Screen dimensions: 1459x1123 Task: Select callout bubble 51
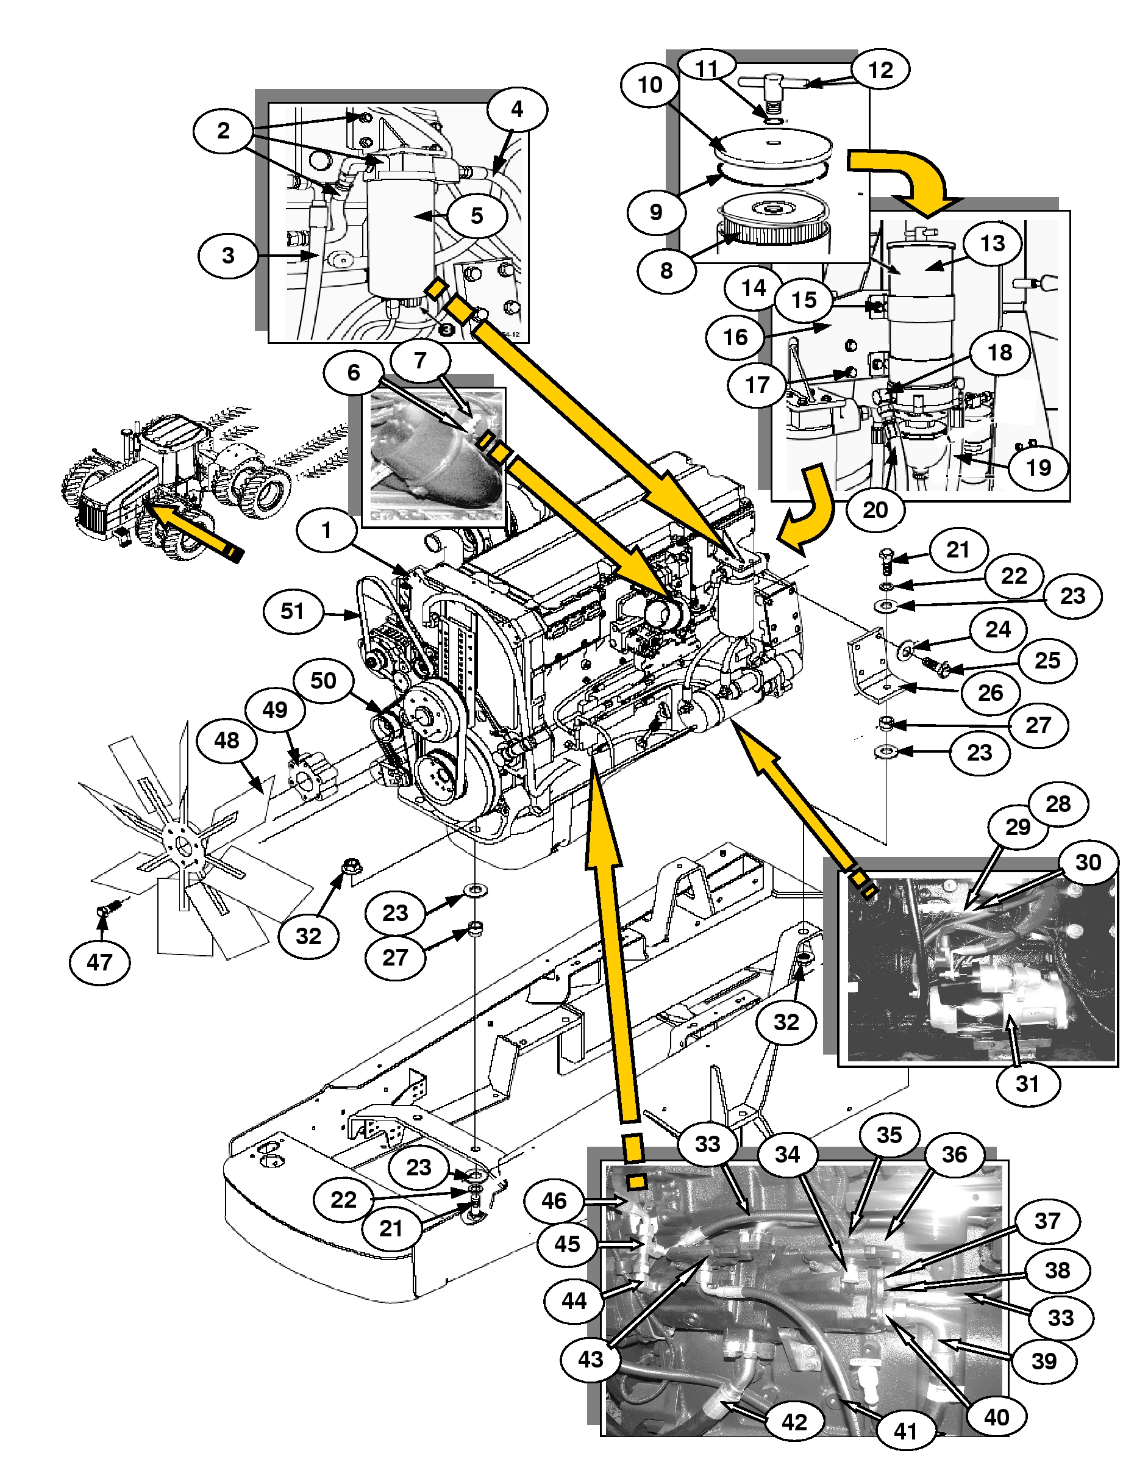[x=293, y=611]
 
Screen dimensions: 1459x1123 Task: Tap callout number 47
[x=99, y=962]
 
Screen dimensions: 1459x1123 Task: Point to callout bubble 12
[x=880, y=70]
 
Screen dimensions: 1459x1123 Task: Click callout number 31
[x=1027, y=1083]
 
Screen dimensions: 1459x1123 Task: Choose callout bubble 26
[x=990, y=693]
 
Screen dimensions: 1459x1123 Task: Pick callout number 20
[x=875, y=510]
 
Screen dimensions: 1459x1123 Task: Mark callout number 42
[x=794, y=1422]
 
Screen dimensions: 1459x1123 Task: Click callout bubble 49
[x=275, y=709]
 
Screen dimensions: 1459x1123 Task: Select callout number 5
[x=477, y=216]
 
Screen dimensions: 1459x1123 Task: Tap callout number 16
[x=736, y=337]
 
